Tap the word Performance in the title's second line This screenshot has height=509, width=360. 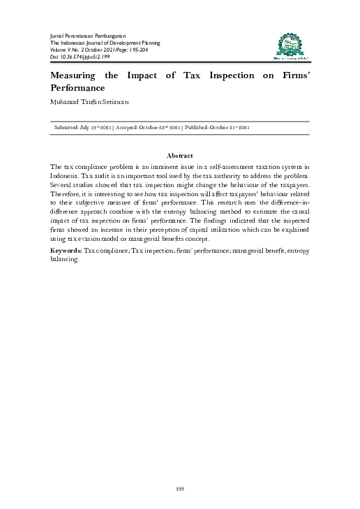click(x=77, y=89)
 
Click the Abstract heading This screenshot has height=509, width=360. click(x=180, y=155)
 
